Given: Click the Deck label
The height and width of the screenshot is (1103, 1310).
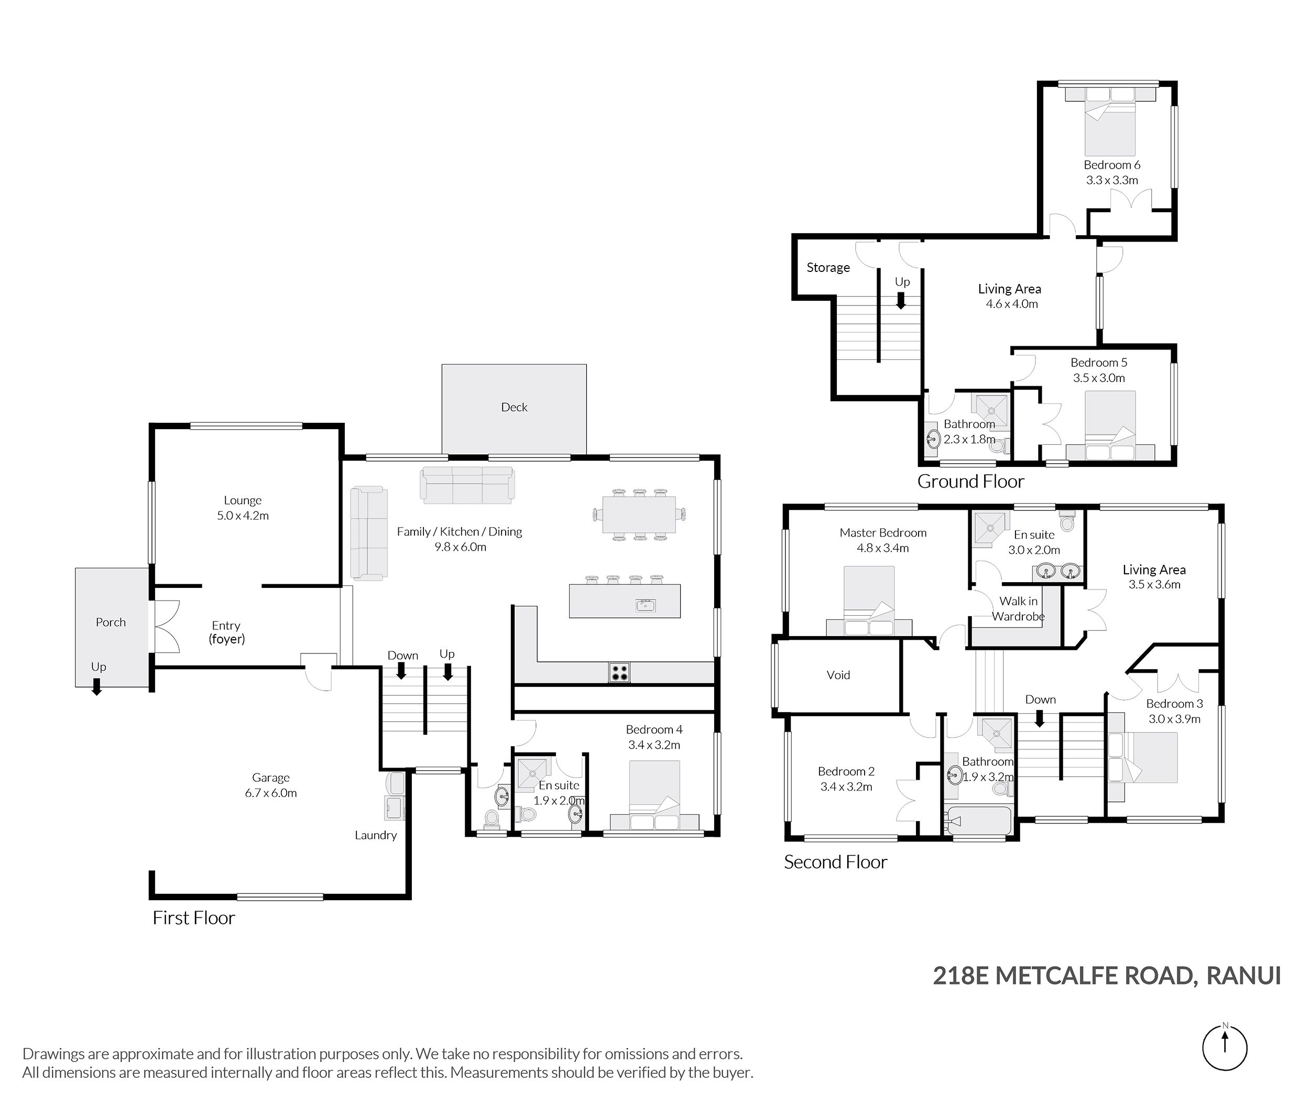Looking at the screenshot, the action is [x=514, y=407].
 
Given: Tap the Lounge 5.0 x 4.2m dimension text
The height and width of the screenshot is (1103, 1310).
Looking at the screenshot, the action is [x=243, y=516].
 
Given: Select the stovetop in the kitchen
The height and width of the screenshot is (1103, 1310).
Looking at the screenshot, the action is [x=619, y=672].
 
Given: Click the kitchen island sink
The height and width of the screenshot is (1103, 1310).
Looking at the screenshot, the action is [x=645, y=605].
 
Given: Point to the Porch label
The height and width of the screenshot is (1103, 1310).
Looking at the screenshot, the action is [x=111, y=622].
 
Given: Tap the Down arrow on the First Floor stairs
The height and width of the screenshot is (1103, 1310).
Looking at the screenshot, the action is [x=401, y=670].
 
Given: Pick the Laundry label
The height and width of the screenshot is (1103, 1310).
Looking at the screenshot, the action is [x=376, y=835].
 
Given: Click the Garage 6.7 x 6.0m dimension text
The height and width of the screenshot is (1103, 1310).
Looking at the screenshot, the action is [x=271, y=793].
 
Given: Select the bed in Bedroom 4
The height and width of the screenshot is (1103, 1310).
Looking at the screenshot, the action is [x=654, y=795].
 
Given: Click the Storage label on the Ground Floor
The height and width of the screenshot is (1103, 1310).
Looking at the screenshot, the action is [x=828, y=268].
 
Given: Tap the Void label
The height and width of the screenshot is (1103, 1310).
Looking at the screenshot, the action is [x=838, y=675].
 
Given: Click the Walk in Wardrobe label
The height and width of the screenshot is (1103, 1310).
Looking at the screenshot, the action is [x=1018, y=608].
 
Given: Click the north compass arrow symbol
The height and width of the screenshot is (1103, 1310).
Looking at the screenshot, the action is [x=1225, y=1048].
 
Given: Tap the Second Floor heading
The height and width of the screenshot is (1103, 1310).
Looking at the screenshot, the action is [x=835, y=862].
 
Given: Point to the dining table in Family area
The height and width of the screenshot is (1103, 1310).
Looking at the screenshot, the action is [x=639, y=514].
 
